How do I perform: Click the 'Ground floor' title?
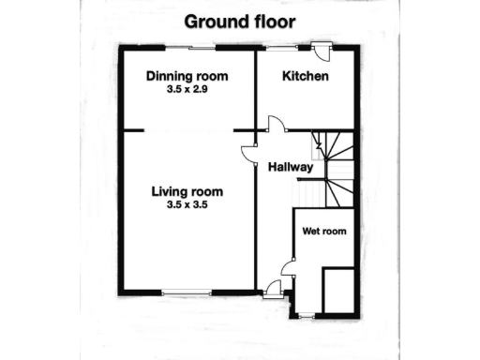point(239,21)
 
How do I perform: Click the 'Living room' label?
point(188,192)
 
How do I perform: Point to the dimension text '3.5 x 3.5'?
point(187,207)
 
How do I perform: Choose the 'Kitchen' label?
point(306,76)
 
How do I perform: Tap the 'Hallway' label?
point(290,167)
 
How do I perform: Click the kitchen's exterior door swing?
point(321,53)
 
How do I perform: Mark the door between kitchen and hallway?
point(275,123)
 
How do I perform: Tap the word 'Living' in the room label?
point(169,192)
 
